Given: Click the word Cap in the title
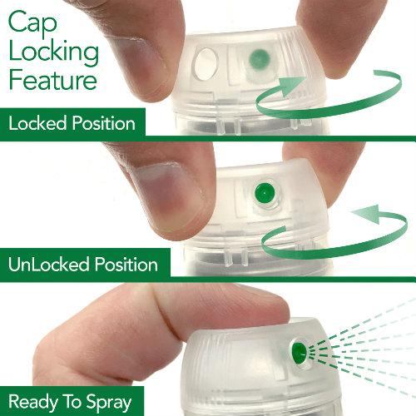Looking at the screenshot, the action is [32, 23].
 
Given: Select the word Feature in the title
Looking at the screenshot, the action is [53, 80].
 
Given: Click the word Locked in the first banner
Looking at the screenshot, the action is [37, 123].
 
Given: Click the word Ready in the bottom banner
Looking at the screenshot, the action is [32, 403].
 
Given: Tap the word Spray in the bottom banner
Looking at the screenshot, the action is [108, 403].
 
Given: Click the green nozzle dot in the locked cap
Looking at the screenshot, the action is [260, 59].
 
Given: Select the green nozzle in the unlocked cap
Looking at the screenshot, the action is [265, 192].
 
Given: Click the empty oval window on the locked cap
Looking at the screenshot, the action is [206, 64].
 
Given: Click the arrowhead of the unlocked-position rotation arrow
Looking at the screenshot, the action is [367, 214].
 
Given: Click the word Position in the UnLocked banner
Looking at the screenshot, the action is [126, 264].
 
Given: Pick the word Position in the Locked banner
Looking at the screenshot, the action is [103, 123].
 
